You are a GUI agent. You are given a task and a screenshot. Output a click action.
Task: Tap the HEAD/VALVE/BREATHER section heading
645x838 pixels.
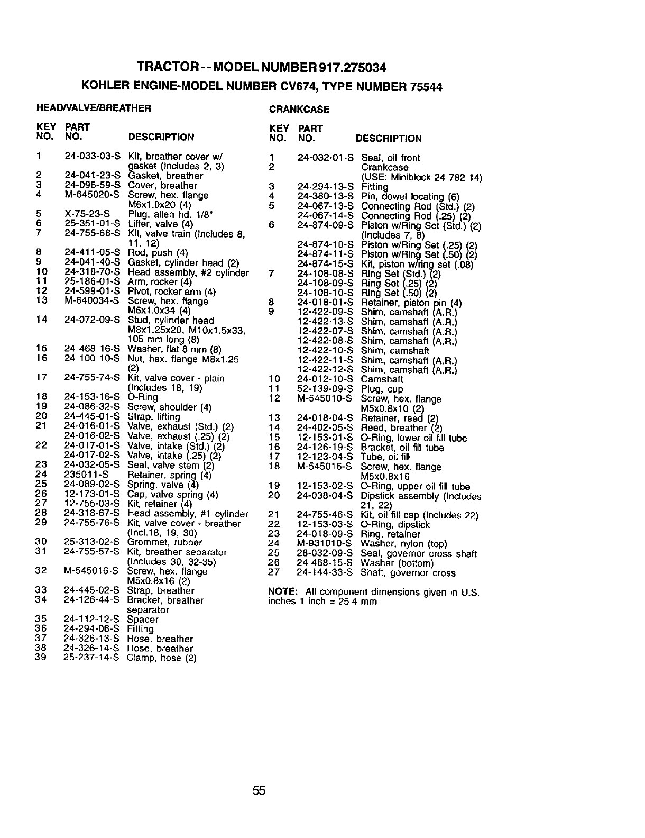(94, 108)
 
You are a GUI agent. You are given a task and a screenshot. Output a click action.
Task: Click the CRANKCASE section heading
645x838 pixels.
(299, 110)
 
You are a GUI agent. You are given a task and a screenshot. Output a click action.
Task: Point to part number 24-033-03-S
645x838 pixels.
(93, 157)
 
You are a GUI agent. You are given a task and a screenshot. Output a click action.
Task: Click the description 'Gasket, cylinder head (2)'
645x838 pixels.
(183, 263)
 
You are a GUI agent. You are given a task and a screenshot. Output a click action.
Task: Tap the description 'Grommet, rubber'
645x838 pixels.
(165, 542)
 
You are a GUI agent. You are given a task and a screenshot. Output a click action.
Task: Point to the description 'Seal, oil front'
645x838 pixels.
(391, 158)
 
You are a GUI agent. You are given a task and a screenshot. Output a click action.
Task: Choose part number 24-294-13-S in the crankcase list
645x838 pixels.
(325, 187)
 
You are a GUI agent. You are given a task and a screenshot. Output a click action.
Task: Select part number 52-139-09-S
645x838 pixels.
(325, 389)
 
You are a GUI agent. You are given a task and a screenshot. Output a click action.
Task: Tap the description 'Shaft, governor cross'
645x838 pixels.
(408, 573)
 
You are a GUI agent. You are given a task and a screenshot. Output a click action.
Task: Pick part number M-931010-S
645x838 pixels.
(324, 544)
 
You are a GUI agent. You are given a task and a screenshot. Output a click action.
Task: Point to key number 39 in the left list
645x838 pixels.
(41, 658)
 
